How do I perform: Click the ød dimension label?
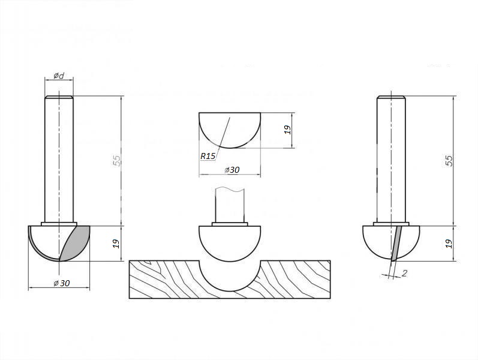click(59, 75)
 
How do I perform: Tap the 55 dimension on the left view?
click(117, 160)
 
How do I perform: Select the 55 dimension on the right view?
click(449, 160)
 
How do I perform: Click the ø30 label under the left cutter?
click(62, 283)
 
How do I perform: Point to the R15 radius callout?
click(208, 156)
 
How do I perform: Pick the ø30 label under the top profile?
click(232, 170)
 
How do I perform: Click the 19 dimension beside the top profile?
click(288, 130)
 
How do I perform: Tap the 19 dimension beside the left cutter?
click(116, 244)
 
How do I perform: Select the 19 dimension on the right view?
click(449, 244)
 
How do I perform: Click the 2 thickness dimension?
click(405, 273)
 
